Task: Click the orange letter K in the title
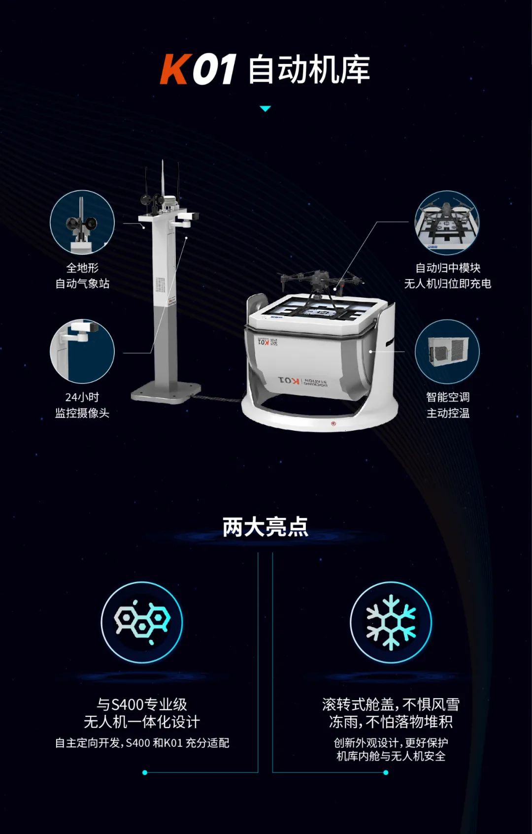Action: (x=174, y=69)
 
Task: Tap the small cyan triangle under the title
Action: (x=265, y=109)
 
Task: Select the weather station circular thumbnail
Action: (x=82, y=222)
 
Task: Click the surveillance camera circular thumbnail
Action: (x=82, y=351)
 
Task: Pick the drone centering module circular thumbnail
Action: (x=447, y=223)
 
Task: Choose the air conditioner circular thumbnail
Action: (x=447, y=352)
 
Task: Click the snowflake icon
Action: (x=391, y=622)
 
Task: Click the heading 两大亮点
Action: (x=265, y=526)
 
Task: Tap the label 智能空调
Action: (x=447, y=397)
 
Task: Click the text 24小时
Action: (x=82, y=397)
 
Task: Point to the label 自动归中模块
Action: (x=447, y=268)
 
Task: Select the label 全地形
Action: (x=82, y=268)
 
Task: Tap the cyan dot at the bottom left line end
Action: (x=145, y=772)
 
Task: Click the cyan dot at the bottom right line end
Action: (x=386, y=772)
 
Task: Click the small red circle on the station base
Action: (x=333, y=423)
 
